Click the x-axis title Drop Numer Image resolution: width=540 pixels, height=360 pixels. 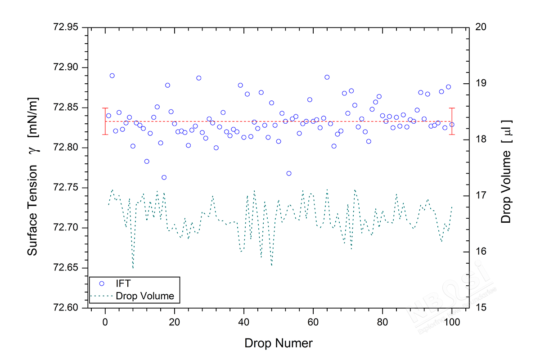click(278, 343)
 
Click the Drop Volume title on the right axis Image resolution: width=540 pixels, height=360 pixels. click(507, 171)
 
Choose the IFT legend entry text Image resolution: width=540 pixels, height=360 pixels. click(124, 283)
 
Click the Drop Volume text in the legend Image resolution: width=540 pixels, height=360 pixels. click(145, 296)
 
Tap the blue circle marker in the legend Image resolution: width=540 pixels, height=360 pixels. click(101, 283)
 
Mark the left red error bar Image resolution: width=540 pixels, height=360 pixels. click(105, 121)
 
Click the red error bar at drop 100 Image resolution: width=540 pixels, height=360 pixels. click(452, 121)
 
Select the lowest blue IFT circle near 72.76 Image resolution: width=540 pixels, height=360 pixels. click(164, 177)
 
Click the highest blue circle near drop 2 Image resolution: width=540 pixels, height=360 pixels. click(112, 76)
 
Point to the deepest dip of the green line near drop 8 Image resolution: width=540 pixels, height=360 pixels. click(133, 268)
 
